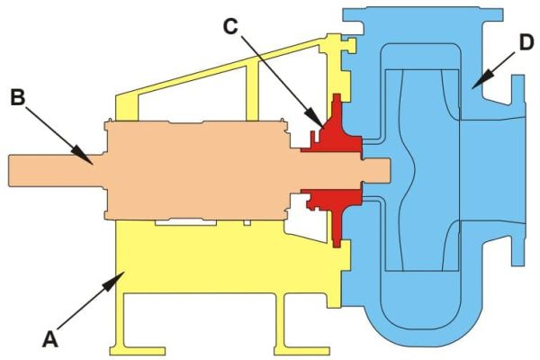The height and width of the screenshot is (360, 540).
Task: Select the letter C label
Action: tap(231, 27)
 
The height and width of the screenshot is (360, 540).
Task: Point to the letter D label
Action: tap(526, 42)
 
